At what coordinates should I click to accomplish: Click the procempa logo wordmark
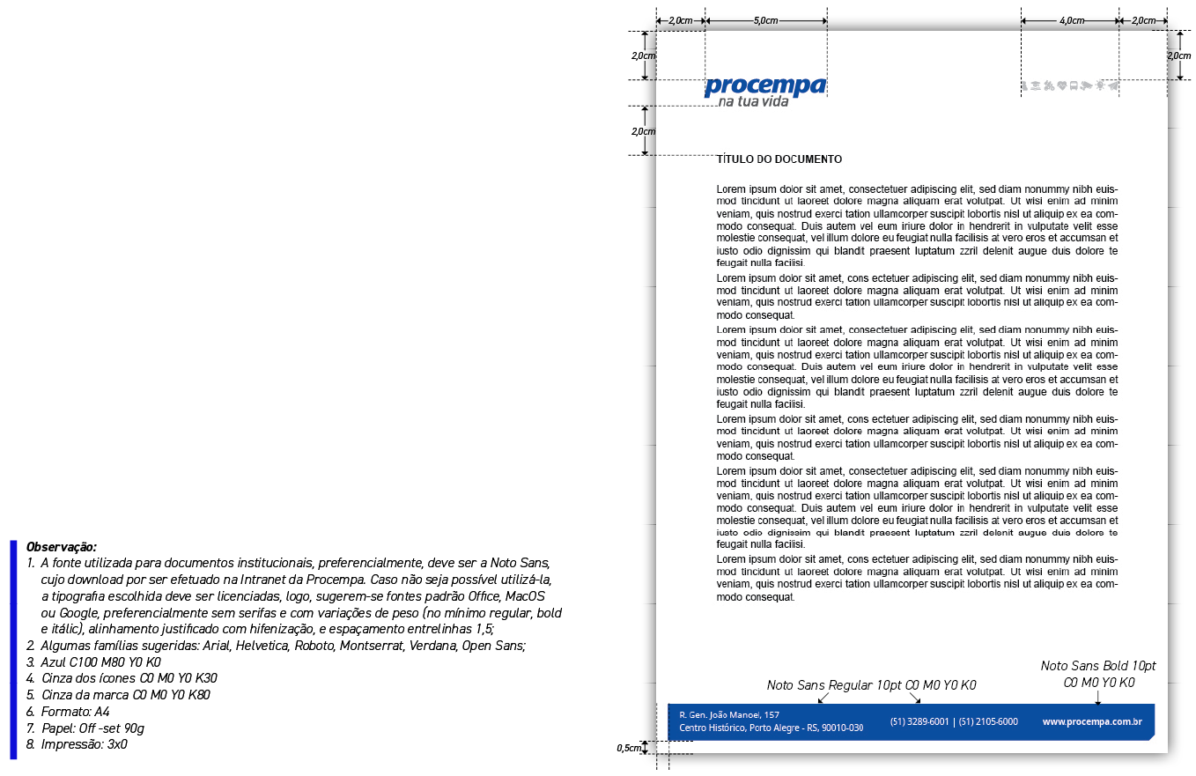[764, 85]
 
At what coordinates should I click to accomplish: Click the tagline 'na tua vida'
[753, 102]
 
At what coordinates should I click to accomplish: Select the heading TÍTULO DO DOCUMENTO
[779, 159]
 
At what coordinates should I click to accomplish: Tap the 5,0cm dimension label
[765, 20]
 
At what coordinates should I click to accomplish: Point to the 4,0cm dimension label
[1071, 20]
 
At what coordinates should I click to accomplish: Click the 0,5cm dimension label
[628, 748]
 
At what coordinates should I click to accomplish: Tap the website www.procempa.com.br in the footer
[1092, 721]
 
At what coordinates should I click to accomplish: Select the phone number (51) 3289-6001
[919, 721]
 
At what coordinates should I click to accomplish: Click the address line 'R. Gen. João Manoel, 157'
[729, 714]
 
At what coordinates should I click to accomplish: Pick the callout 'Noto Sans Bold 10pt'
[1098, 666]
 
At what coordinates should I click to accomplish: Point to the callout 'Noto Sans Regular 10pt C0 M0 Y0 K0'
[871, 685]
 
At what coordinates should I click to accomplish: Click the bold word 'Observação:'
[62, 547]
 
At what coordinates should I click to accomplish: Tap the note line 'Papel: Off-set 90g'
[92, 728]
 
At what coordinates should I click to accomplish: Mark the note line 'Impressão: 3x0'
[84, 744]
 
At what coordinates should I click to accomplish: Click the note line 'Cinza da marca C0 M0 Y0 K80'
[125, 695]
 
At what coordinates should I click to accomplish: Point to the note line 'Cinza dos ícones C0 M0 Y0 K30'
[129, 678]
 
